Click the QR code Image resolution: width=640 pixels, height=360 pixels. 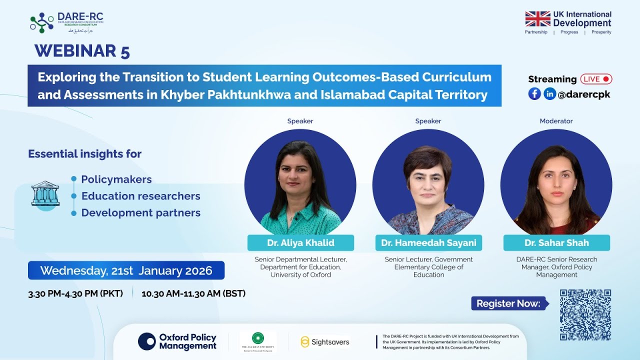point(585,314)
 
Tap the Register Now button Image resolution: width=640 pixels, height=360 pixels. point(508,303)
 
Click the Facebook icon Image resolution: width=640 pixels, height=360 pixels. point(534,93)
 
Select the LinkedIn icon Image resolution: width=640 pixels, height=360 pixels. point(549,93)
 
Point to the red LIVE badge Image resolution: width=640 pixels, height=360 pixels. point(596,79)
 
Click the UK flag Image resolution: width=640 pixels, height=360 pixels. point(537,19)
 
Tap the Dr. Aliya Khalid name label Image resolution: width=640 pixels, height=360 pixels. point(300,243)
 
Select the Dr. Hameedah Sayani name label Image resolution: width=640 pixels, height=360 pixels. point(428,243)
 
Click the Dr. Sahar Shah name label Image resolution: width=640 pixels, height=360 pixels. point(556,243)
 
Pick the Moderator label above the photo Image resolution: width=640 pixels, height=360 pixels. point(556,121)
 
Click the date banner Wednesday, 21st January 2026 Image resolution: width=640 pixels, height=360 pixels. point(126,270)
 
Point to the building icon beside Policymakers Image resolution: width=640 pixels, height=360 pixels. point(45,193)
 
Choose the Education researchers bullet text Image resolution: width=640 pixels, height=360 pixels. point(140,196)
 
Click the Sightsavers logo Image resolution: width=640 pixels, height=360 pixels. point(324,342)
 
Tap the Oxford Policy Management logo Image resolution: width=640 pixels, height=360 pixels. point(177,341)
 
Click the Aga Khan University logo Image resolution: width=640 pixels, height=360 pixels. point(258,341)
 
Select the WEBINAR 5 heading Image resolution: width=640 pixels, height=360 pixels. point(82,51)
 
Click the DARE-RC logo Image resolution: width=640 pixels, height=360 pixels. point(66,22)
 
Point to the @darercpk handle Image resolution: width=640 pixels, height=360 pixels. point(584,94)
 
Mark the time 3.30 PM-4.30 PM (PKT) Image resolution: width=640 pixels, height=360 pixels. point(75,293)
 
